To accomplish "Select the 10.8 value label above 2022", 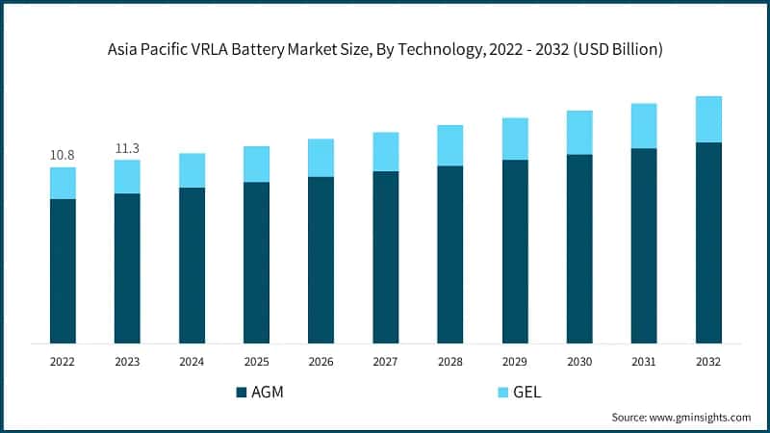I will click(63, 155).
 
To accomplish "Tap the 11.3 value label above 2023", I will click(127, 147).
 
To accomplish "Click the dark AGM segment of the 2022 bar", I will click(63, 270).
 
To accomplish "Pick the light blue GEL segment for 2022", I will click(63, 183).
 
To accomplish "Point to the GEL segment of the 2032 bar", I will click(708, 119).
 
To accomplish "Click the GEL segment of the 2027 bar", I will click(385, 152).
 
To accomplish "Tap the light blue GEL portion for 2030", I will click(579, 133).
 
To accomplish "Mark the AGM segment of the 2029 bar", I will click(515, 251).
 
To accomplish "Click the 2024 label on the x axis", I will click(192, 362).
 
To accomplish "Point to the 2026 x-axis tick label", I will click(321, 362).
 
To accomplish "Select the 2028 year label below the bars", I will click(449, 362).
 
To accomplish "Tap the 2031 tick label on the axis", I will click(644, 362).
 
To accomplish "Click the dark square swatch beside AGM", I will click(241, 393).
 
